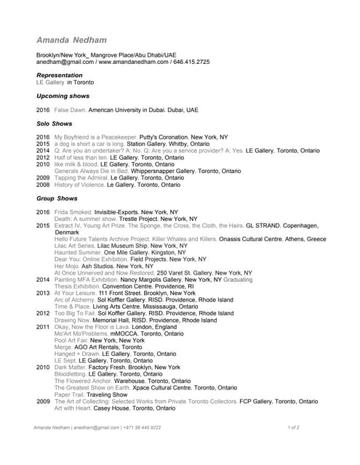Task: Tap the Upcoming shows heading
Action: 63,96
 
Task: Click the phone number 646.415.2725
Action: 193,62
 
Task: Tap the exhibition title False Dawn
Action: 70,110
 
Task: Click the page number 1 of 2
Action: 293,428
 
